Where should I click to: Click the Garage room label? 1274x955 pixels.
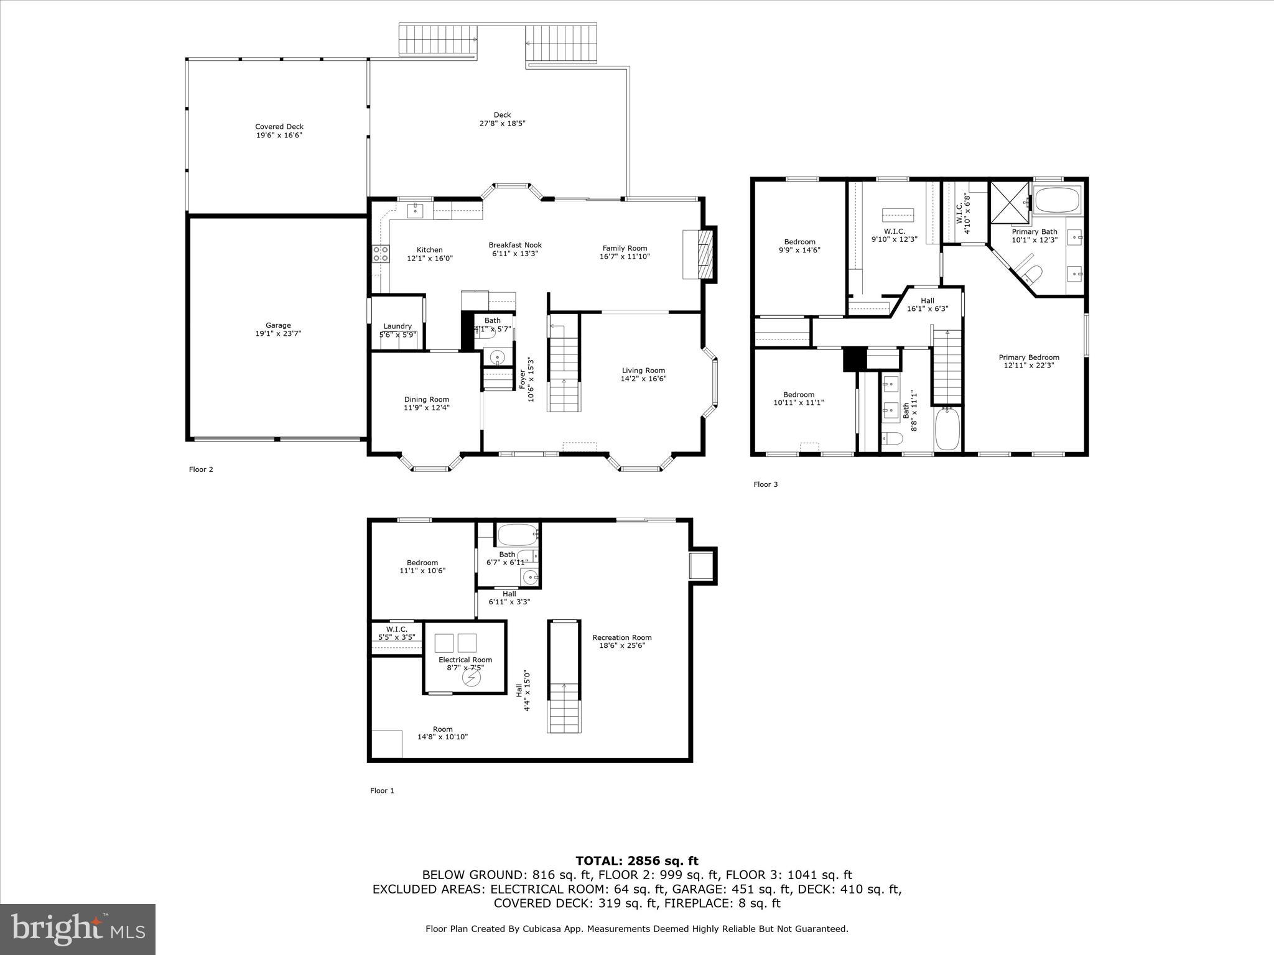(x=278, y=325)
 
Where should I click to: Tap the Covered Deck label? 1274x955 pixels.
(x=279, y=127)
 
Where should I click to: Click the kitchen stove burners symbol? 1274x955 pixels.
(x=381, y=254)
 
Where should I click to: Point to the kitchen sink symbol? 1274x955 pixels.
(x=415, y=210)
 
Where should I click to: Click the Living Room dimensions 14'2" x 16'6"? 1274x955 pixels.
(x=643, y=379)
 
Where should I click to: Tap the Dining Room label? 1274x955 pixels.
(x=426, y=400)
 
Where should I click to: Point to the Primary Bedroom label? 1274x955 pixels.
(x=1029, y=358)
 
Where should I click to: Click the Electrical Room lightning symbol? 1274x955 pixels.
(x=472, y=679)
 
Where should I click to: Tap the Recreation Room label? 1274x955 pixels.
(x=621, y=637)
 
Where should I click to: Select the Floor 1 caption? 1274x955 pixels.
(x=382, y=791)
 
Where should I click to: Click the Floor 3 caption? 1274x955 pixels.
(x=765, y=484)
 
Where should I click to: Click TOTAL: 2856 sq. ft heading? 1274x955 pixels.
(x=636, y=861)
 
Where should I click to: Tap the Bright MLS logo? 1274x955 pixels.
(x=78, y=929)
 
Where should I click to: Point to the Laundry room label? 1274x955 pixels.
(x=397, y=326)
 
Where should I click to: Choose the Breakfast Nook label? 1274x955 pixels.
(x=515, y=245)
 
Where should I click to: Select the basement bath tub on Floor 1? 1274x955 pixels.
(x=517, y=535)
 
